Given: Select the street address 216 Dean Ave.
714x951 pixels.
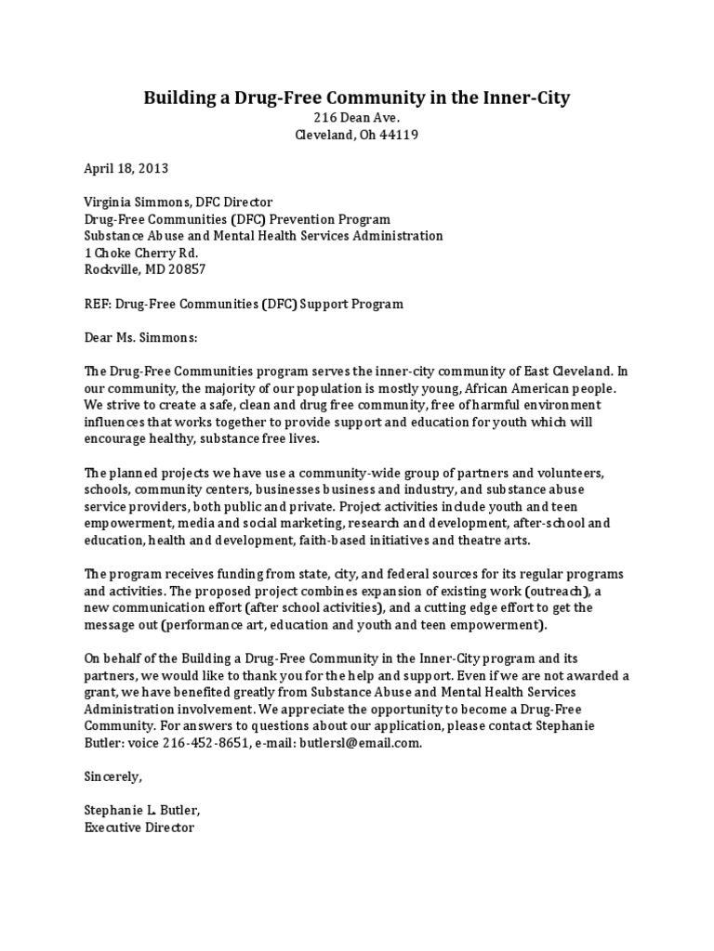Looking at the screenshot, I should click(357, 118).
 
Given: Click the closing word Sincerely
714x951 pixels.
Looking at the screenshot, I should click(113, 776).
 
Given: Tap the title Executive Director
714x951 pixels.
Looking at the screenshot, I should click(139, 827).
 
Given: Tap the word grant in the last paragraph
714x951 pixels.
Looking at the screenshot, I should click(99, 692).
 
